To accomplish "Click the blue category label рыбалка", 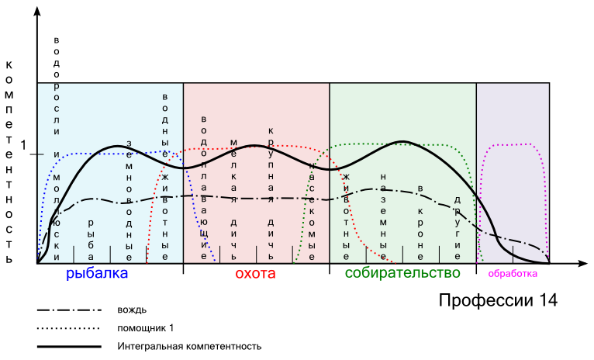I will [97, 273].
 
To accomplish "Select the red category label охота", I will [255, 273].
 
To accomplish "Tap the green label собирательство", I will [402, 273].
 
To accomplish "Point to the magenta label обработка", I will [513, 273].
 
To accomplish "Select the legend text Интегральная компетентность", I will [189, 346].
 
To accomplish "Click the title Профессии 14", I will [498, 300].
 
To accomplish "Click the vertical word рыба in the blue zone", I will [92, 237].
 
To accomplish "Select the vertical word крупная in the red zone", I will [271, 159].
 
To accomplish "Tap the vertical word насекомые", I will [312, 210].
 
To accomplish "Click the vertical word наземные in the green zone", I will [384, 216].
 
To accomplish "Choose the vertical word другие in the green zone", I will [458, 227].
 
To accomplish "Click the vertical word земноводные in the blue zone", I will [130, 199].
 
